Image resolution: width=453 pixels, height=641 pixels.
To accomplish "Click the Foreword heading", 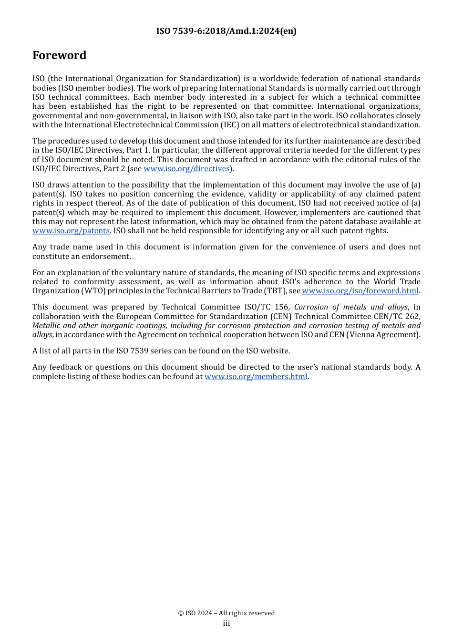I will [59, 55].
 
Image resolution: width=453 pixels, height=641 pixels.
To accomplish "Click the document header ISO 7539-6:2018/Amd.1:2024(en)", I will [226, 31].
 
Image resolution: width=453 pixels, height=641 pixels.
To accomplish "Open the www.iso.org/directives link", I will [186, 169].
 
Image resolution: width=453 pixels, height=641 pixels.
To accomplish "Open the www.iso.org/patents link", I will [71, 231].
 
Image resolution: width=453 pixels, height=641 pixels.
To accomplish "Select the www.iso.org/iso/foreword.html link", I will [360, 291].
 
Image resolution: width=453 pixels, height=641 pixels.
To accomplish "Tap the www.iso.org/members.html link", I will [256, 377].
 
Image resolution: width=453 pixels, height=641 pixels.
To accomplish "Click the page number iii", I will [226, 623].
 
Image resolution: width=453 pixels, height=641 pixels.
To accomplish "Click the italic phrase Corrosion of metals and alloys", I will [351, 307].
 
